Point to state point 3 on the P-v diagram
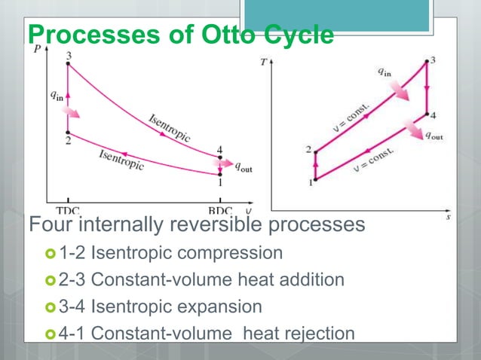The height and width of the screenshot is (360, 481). [68, 64]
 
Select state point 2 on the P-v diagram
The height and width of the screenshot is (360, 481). [68, 132]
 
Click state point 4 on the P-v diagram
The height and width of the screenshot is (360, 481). [220, 157]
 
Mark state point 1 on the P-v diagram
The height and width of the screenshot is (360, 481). [220, 174]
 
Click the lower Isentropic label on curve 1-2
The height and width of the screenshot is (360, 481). [121, 159]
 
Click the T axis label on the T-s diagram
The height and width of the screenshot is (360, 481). [263, 63]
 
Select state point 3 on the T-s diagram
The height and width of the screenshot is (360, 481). [427, 62]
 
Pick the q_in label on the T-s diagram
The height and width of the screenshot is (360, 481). [384, 72]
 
